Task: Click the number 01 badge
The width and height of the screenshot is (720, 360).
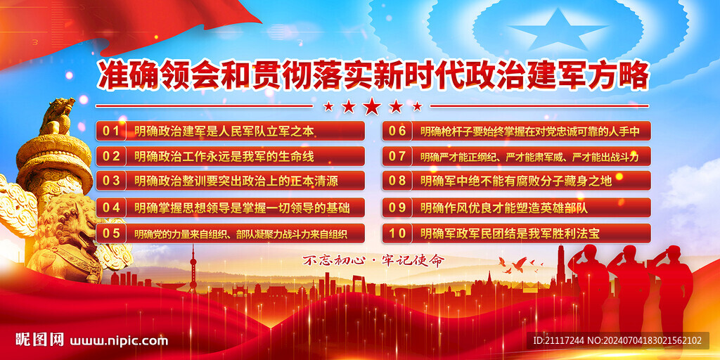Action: [111, 131]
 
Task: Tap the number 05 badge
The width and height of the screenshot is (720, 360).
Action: [111, 233]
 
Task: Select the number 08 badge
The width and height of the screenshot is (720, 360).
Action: [398, 181]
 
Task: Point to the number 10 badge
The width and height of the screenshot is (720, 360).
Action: [398, 233]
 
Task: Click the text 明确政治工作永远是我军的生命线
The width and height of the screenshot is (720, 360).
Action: [224, 157]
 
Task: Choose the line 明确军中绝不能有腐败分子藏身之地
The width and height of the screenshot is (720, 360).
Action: [516, 181]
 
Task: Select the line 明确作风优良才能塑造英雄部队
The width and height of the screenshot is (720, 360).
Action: [504, 207]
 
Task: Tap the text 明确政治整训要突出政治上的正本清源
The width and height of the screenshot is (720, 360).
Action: [236, 181]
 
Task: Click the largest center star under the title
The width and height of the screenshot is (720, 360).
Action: [371, 106]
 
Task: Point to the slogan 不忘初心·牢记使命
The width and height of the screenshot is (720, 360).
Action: [373, 260]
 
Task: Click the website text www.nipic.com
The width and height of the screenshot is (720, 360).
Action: [119, 341]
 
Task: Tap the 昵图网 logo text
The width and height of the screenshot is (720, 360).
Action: [39, 340]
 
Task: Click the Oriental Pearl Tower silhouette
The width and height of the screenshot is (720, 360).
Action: [193, 271]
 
